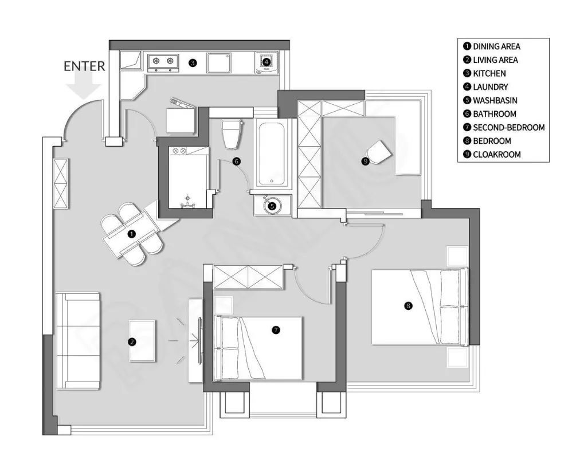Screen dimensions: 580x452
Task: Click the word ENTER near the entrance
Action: [x=84, y=66]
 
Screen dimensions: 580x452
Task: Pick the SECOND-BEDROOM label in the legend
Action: [x=504, y=127]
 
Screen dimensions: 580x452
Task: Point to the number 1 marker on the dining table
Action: [x=131, y=234]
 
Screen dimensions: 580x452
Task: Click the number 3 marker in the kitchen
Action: [x=193, y=63]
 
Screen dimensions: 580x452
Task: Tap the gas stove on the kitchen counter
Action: [x=163, y=62]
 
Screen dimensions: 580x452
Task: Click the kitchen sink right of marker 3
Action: [x=219, y=62]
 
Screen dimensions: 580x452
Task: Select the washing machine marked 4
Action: [x=267, y=62]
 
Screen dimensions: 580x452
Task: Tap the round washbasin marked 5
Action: [x=272, y=206]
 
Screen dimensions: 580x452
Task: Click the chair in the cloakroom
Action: [x=378, y=152]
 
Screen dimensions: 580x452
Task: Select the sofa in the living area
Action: [x=78, y=341]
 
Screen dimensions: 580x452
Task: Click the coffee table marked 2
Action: [x=142, y=341]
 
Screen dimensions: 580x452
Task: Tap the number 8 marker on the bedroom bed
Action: [x=408, y=306]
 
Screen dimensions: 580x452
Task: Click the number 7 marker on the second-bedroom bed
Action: [x=276, y=330]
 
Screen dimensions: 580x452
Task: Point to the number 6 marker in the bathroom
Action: [x=236, y=162]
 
